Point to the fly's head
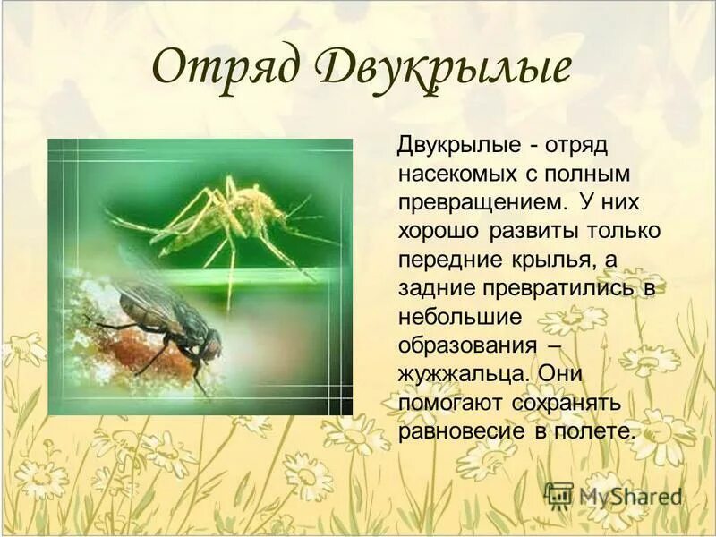click(x=211, y=344)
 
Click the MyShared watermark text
click(x=630, y=495)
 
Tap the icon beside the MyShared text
click(x=558, y=495)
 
